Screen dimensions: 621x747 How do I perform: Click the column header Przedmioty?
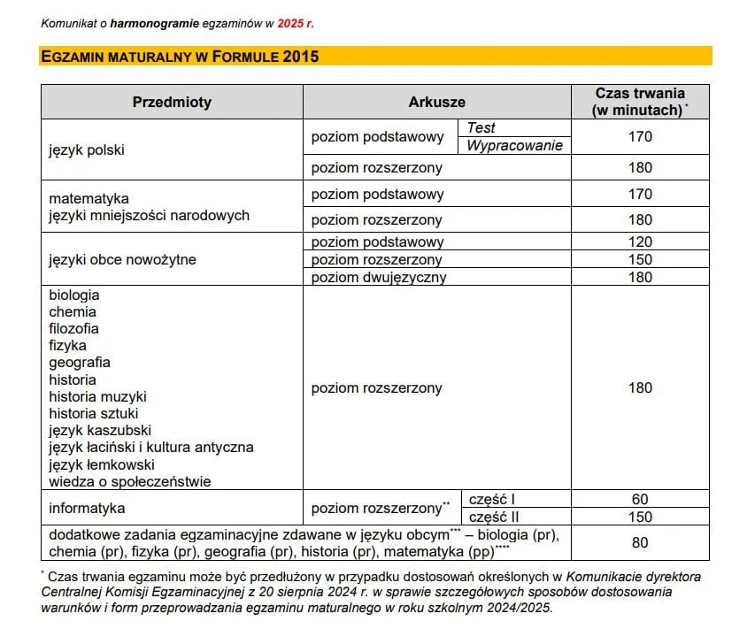click(172, 102)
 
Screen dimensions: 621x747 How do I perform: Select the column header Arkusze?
click(436, 102)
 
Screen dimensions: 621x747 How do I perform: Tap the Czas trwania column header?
click(640, 101)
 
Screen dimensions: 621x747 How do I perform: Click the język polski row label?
click(87, 149)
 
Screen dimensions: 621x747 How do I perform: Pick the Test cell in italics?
click(481, 128)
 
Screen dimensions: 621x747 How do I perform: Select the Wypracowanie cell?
click(514, 146)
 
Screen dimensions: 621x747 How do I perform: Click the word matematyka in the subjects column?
click(89, 198)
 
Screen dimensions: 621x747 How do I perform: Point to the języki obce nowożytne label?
click(122, 259)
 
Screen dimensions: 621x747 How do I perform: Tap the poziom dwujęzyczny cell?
click(379, 277)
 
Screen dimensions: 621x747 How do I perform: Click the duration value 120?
click(640, 241)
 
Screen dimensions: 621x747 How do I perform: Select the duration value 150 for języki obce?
click(640, 259)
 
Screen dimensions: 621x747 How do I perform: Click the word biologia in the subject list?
click(74, 295)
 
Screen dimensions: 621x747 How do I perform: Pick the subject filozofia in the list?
click(74, 328)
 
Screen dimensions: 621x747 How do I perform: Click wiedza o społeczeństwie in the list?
click(130, 481)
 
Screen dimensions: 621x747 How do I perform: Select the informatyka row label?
click(87, 508)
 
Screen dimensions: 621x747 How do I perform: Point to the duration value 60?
click(640, 499)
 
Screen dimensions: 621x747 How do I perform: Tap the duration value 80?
click(640, 542)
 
